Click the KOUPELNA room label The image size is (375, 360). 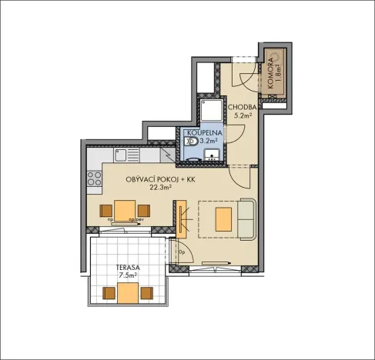tap(203, 132)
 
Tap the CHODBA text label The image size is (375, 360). tap(242, 107)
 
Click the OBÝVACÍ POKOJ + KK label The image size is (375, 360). tap(161, 178)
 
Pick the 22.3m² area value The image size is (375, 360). tap(160, 187)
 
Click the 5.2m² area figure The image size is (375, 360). tap(244, 115)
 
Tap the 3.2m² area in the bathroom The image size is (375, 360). tap(208, 142)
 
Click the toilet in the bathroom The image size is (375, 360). tap(191, 142)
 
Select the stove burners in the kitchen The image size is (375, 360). tap(95, 182)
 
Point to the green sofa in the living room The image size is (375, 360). tap(246, 218)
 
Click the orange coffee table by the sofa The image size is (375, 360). tap(224, 218)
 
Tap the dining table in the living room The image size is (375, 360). tap(124, 210)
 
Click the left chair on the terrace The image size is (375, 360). tap(109, 293)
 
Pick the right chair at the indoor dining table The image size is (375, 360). tap(142, 210)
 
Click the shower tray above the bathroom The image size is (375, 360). tap(209, 109)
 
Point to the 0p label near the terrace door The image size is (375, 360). tap(182, 252)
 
